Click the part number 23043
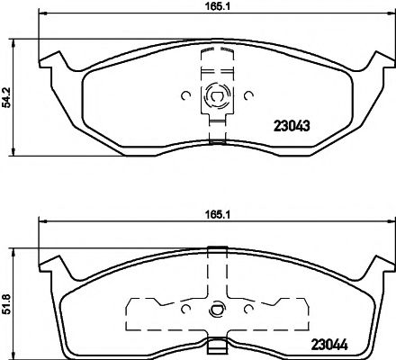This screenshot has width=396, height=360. click(x=291, y=126)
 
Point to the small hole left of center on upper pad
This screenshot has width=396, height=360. click(x=184, y=94)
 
